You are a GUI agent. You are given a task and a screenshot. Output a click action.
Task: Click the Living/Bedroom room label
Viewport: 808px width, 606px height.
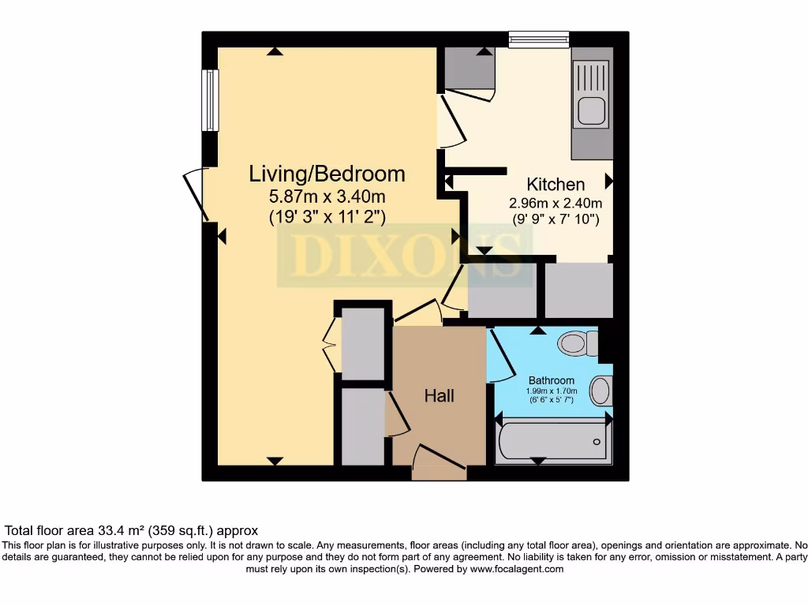pyautogui.click(x=327, y=174)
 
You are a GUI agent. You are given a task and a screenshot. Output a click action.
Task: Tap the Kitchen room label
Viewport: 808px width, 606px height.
pyautogui.click(x=555, y=185)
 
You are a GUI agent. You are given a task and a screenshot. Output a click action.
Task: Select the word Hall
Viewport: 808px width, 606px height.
pyautogui.click(x=439, y=395)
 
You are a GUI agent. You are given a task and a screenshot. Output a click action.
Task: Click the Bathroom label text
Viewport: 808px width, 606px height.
pyautogui.click(x=552, y=380)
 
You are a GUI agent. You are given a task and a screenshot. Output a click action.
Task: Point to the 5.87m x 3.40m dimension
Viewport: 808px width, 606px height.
pyautogui.click(x=327, y=196)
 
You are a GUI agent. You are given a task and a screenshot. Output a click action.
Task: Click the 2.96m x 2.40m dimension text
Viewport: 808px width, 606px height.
pyautogui.click(x=554, y=203)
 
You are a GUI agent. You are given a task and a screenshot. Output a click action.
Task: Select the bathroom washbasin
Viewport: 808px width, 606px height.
pyautogui.click(x=601, y=391)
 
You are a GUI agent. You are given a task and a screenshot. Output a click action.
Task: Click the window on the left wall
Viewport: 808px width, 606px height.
pyautogui.click(x=210, y=100)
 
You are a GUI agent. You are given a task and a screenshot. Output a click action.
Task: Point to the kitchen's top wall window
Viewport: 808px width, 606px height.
pyautogui.click(x=539, y=39)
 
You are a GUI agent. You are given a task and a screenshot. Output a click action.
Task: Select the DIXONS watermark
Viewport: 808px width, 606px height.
pyautogui.click(x=406, y=256)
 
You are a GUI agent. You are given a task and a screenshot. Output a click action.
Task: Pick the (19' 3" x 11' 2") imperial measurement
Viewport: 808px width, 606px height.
pyautogui.click(x=327, y=217)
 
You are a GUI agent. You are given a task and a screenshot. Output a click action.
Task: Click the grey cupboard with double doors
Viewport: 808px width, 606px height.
pyautogui.click(x=361, y=342)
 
